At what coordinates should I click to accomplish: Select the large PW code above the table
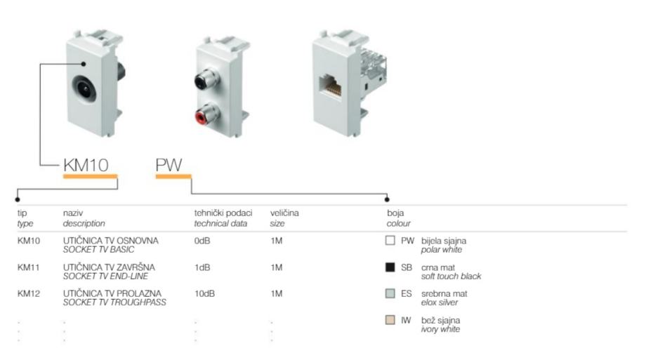tap(168, 166)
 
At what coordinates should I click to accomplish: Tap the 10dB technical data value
tap(204, 293)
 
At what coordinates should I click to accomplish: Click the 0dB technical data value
tap(202, 241)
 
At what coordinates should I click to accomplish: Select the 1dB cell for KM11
tap(202, 267)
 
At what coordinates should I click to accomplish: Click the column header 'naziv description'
tap(84, 217)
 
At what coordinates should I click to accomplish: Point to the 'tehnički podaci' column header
tap(223, 212)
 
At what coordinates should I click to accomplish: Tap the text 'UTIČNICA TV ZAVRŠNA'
tap(109, 267)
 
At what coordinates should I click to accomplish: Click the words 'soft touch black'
tap(451, 276)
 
